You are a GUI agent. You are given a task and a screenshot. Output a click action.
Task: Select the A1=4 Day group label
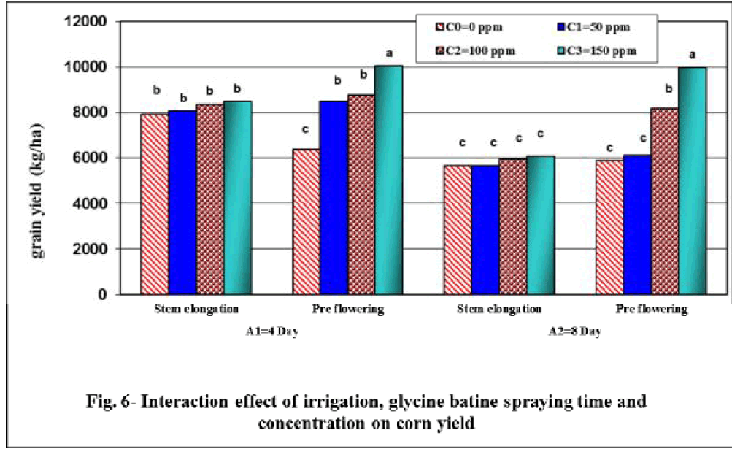coord(271,331)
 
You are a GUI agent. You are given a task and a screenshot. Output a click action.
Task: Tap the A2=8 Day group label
coord(575,331)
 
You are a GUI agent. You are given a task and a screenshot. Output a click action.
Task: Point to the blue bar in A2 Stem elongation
coord(485,229)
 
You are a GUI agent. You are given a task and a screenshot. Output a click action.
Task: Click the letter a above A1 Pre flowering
coord(389,53)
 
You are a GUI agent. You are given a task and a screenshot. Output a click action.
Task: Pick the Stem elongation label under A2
coord(501,309)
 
